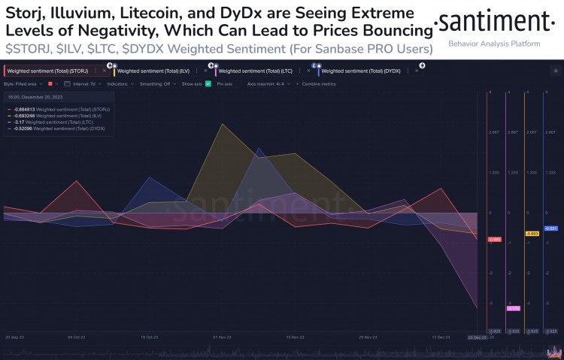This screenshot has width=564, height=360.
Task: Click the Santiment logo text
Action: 497,21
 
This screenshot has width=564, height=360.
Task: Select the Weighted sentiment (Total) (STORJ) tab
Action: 47,71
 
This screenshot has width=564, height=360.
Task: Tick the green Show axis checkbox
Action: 208,83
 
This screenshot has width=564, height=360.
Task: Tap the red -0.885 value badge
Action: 494,239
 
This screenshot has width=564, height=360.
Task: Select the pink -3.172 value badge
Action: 513,307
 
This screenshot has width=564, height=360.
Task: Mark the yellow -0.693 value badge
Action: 532,234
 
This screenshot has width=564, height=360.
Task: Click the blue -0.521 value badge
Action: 550,228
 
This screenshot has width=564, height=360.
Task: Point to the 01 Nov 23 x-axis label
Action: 221,337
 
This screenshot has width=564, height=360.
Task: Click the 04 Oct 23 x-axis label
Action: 76,337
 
